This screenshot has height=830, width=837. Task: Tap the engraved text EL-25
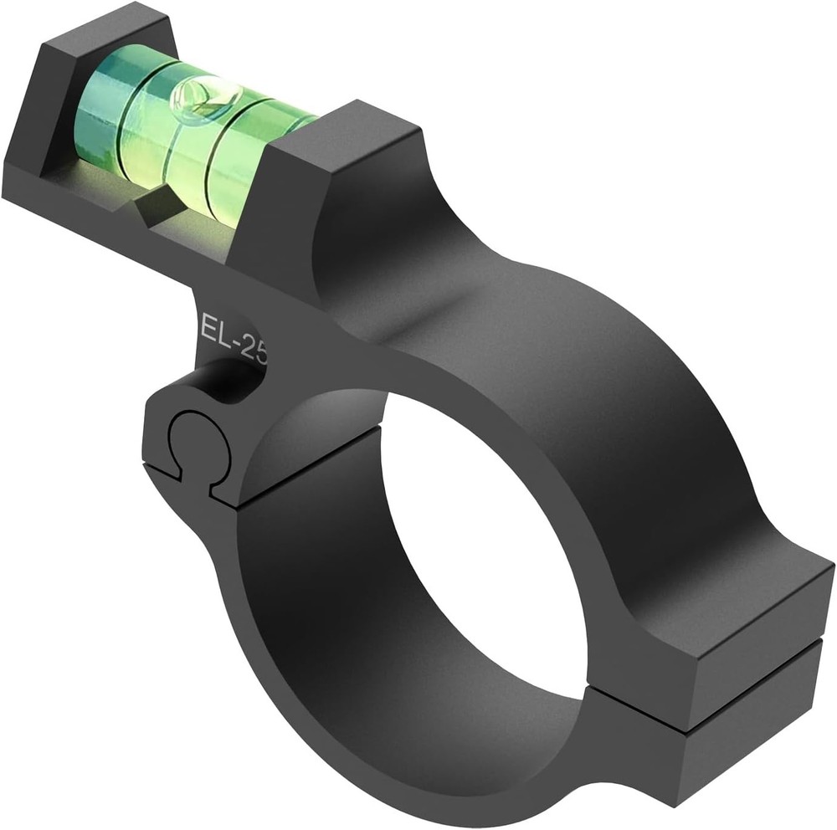235,336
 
